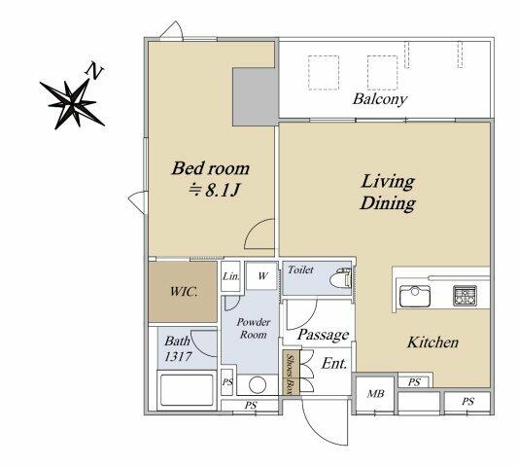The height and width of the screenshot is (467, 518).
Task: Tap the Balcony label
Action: click(x=380, y=99)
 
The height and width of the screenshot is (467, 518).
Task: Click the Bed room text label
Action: click(x=211, y=168)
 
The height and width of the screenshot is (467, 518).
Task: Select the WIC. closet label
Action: click(x=184, y=292)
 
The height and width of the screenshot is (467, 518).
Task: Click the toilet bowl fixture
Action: click(x=340, y=277)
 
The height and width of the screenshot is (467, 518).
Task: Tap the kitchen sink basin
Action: click(x=415, y=296)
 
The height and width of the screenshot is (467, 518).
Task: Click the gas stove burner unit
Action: click(x=465, y=296)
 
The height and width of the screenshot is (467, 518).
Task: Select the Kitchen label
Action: click(x=432, y=342)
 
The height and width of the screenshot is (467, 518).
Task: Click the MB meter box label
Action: click(x=375, y=394)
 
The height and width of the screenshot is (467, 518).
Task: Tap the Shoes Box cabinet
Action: click(x=291, y=373)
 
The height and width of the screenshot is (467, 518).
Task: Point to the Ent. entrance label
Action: click(x=334, y=364)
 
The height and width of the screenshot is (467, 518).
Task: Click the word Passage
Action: click(x=323, y=335)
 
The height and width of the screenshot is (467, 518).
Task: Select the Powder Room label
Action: click(x=254, y=328)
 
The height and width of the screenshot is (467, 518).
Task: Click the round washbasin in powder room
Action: click(x=258, y=385)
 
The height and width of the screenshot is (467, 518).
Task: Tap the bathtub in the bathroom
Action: click(x=187, y=390)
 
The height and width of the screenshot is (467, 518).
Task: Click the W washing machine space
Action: click(x=262, y=276)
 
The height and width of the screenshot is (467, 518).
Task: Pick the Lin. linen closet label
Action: click(x=230, y=276)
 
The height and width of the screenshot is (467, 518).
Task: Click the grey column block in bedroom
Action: click(x=255, y=97)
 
